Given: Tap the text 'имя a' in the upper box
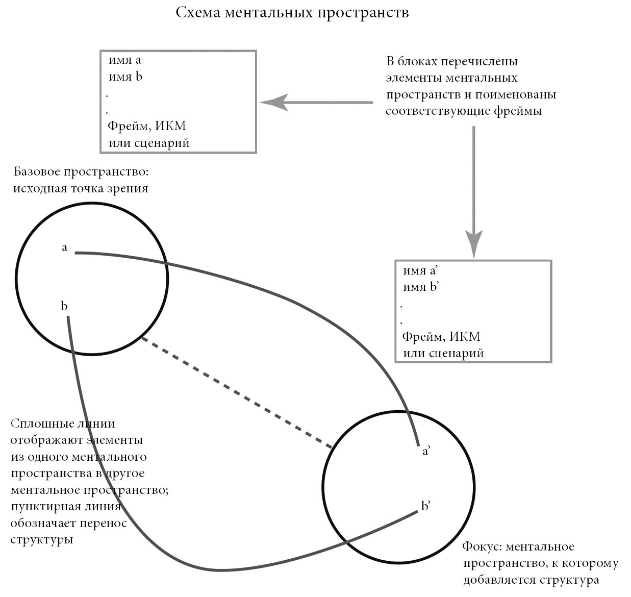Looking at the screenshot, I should tap(125, 60).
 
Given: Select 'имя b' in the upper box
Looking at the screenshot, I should tap(125, 77).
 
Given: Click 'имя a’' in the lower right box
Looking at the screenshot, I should tap(421, 271).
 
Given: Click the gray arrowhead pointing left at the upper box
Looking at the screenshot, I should tap(273, 103).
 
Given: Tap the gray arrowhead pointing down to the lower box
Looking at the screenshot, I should tap(474, 243).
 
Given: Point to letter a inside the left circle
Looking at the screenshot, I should tap(65, 248).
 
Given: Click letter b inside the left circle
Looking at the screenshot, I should tap(64, 306).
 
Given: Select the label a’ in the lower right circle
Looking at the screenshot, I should tap(426, 452).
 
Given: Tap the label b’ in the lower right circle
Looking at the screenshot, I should tap(426, 506).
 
